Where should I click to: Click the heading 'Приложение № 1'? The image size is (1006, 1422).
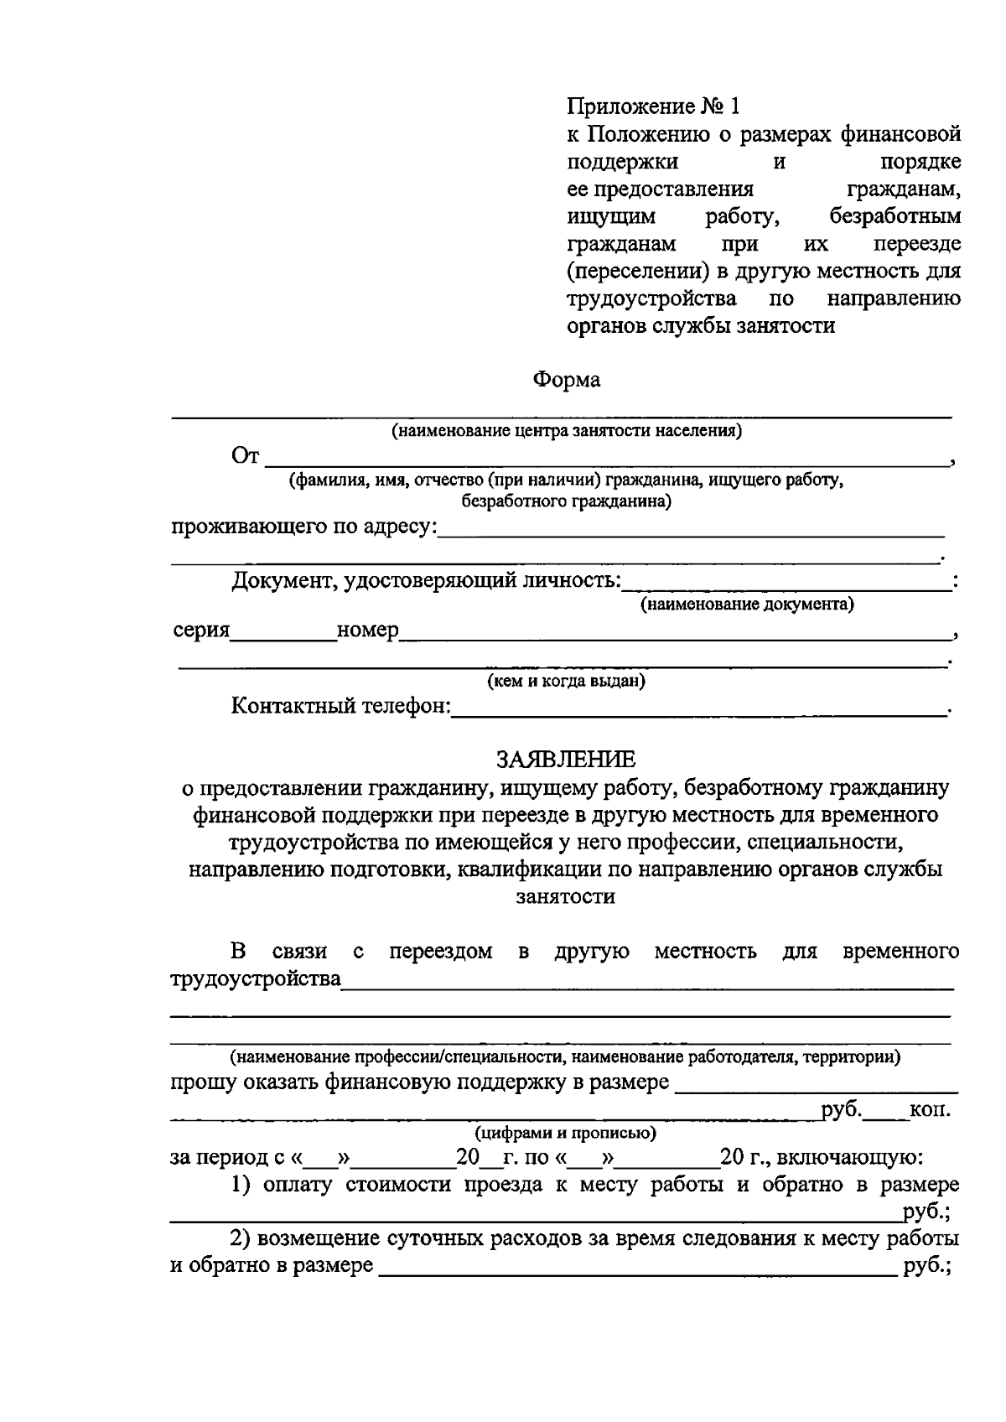(654, 106)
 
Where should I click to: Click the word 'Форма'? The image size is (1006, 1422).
(567, 380)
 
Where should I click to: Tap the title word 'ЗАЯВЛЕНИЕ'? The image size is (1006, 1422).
(566, 760)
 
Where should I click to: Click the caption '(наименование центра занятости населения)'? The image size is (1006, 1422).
(566, 431)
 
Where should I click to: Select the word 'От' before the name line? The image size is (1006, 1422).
(246, 456)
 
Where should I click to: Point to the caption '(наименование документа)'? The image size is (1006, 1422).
(747, 605)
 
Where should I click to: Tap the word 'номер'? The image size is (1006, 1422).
(367, 631)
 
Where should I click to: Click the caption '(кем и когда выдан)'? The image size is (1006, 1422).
(566, 681)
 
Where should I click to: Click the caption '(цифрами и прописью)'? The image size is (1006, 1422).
(566, 1134)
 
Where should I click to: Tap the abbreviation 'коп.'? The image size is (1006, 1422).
(930, 1110)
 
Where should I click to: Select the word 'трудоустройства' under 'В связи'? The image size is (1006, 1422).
(256, 978)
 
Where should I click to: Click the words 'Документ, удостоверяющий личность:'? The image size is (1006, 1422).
(426, 581)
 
